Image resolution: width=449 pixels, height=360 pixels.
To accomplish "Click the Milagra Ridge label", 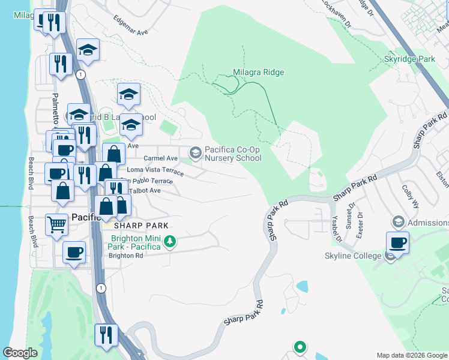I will pos(258,73).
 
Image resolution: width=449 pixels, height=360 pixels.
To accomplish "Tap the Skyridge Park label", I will pos(409,60).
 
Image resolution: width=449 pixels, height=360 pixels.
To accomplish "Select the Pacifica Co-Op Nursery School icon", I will pos(195,154).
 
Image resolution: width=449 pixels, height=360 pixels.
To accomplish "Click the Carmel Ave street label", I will pos(160,158).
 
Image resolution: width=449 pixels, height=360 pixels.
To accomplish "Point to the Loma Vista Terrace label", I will pos(155,171).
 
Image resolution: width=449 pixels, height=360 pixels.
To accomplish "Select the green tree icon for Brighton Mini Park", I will pos(170,242).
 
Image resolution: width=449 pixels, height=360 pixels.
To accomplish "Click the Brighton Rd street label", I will pos(125,255).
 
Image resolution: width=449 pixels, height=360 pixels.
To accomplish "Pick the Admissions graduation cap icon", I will pos(397,223).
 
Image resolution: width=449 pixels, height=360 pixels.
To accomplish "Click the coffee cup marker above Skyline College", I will pos(398,243).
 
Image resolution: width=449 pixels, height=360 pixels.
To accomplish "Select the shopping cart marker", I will pos(56,224).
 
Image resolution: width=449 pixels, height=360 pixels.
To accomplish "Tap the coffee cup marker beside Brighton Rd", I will pos(74,252).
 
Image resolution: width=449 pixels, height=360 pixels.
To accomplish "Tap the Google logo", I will pos(20,353).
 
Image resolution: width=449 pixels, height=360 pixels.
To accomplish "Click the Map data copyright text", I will pos(411,355).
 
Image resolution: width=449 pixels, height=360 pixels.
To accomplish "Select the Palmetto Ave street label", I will pos(55,108).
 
